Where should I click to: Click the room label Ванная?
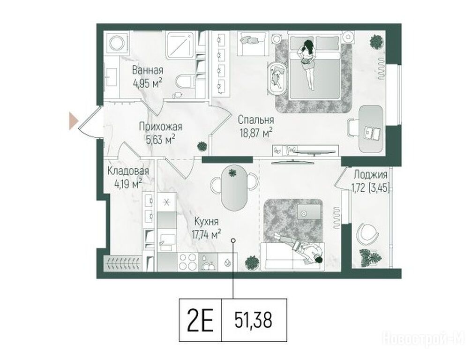[148, 70]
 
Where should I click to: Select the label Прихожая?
[160, 127]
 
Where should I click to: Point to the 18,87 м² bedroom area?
[256, 133]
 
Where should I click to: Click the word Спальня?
[256, 120]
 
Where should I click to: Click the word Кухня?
[206, 222]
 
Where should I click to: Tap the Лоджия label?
[370, 174]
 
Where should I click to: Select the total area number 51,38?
[253, 320]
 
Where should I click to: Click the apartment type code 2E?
[200, 320]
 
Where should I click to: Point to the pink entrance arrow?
[73, 121]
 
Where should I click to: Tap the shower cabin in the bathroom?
[180, 45]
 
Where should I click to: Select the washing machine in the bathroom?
[118, 43]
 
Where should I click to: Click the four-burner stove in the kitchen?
[188, 262]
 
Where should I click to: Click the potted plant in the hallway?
[202, 146]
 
